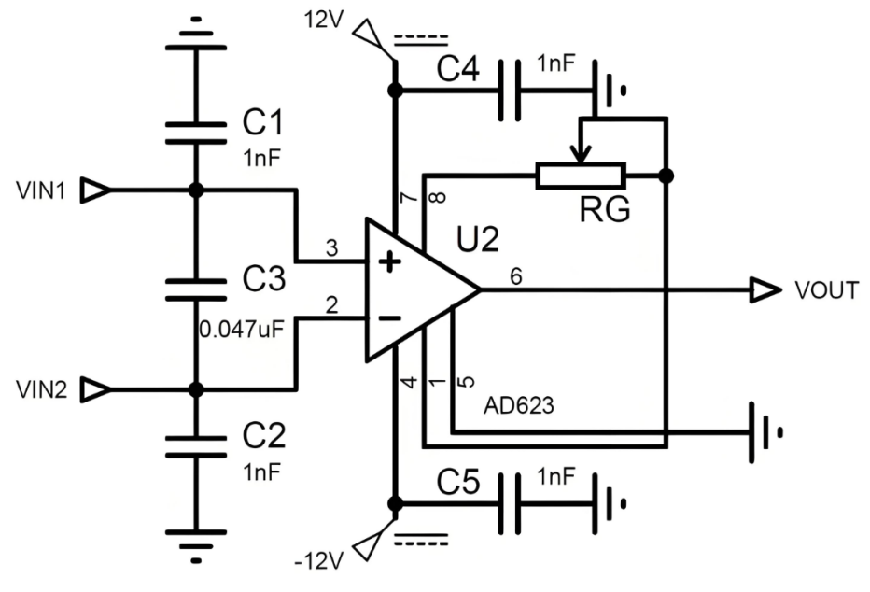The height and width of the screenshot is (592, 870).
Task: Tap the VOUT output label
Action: (x=826, y=290)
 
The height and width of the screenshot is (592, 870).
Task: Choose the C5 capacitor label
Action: (x=457, y=484)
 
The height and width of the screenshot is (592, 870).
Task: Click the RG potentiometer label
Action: (x=604, y=212)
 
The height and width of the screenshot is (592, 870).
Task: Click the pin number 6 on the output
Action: (x=516, y=276)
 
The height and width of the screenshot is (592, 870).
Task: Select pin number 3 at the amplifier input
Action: (x=330, y=249)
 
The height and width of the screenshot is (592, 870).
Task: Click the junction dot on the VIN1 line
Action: (x=196, y=190)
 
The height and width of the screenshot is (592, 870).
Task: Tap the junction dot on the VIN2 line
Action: (x=196, y=388)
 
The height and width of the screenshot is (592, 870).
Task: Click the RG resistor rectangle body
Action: (x=580, y=176)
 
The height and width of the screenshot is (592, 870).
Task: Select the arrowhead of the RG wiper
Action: (x=580, y=153)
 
